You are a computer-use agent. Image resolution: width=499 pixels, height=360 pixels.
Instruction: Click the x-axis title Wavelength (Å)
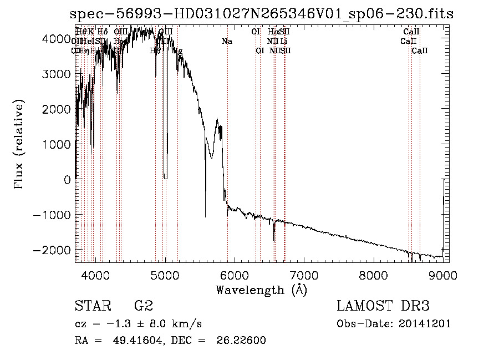(262, 290)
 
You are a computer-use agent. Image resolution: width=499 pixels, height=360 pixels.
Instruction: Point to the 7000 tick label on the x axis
(304, 276)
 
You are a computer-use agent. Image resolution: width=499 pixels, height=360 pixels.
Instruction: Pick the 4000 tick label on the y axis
(57, 38)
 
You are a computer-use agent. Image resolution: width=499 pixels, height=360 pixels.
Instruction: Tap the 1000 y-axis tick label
(57, 144)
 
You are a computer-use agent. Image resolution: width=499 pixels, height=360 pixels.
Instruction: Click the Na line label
(227, 41)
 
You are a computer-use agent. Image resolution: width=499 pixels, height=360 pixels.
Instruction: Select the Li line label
(284, 41)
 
